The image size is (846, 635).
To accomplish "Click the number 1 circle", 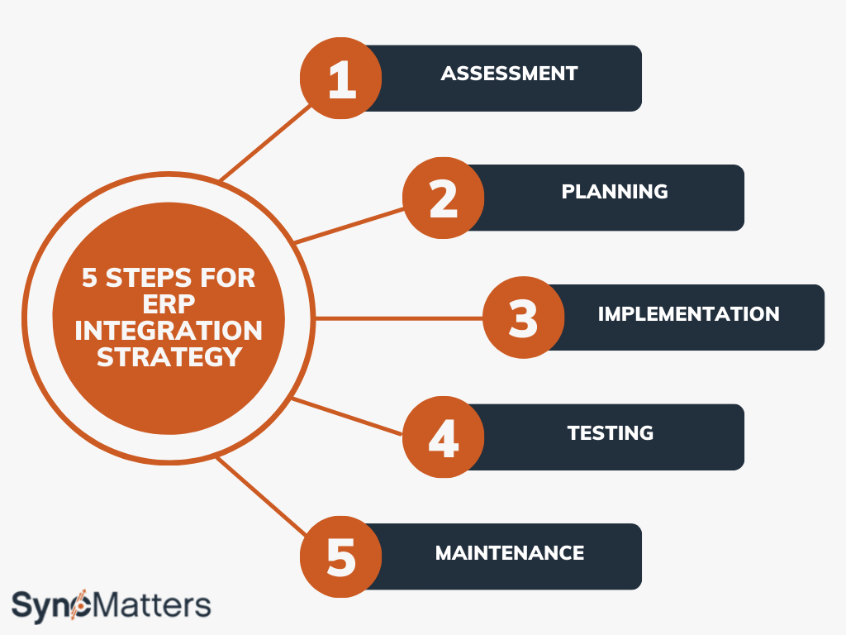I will tap(340, 79).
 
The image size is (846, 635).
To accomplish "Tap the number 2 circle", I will tap(444, 198).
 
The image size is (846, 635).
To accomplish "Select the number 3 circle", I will tap(523, 318).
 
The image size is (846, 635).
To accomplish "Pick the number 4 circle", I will tap(444, 437).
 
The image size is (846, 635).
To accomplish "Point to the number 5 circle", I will tap(340, 556).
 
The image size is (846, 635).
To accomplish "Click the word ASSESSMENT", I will tap(509, 73).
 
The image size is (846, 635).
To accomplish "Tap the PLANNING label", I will tap(615, 192).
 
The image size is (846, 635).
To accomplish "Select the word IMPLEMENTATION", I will tap(688, 314).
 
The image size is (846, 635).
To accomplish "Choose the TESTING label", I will tap(611, 432).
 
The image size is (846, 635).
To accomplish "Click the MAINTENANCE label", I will tap(510, 552).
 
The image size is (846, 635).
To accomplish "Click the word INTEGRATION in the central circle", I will tap(169, 332).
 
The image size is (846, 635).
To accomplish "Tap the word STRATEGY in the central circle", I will tap(169, 357).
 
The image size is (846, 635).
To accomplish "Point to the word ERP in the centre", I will tap(169, 305).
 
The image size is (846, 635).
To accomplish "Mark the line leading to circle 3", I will tap(397, 318).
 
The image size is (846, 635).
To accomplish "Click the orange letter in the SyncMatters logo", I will tap(82, 607).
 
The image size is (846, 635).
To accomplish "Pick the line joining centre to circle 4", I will tap(347, 417).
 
